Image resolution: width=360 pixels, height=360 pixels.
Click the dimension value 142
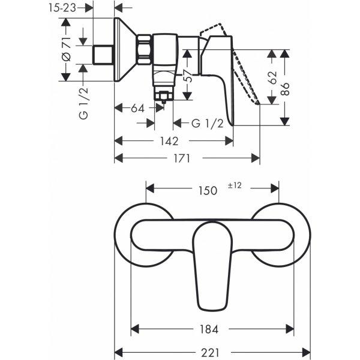169,141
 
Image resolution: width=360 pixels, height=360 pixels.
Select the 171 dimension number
182,158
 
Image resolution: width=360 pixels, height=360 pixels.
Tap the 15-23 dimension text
62,8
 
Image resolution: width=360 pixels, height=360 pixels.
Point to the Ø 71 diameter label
67,49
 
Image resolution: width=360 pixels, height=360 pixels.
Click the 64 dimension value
137,109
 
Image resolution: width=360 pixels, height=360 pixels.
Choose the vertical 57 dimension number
188,76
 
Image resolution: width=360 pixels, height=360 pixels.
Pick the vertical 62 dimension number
272,78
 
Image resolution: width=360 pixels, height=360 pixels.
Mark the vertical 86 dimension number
285,89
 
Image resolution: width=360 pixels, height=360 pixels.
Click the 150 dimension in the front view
208,191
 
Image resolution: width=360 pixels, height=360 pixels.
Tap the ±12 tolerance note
235,185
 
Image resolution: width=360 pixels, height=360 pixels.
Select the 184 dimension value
209,329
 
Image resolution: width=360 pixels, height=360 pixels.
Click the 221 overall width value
210,352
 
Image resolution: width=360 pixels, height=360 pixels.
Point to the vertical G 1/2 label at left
83,103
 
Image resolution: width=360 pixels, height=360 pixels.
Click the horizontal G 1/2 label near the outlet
208,124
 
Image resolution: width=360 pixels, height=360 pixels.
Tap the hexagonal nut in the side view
145,49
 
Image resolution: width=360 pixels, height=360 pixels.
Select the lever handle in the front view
212,266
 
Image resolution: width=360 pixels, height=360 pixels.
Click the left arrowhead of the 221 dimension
118,352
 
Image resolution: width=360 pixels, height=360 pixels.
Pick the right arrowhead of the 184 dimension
290,329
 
